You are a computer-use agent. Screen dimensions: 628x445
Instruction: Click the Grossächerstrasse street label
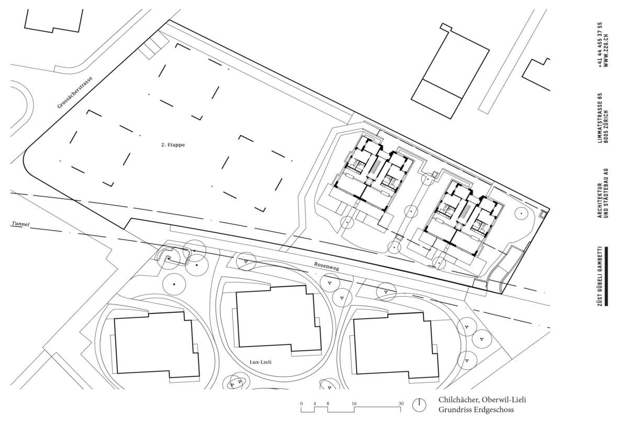tap(75, 92)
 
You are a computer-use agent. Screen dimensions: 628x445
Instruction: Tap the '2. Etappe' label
tap(173, 145)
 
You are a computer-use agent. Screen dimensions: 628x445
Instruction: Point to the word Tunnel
tap(20, 224)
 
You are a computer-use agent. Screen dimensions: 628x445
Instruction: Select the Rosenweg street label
tap(327, 266)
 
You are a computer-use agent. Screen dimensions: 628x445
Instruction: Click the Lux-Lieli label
tap(261, 362)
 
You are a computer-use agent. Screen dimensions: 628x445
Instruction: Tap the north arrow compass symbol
tap(419, 405)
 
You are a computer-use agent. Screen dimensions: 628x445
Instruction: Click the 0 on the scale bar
tap(301, 404)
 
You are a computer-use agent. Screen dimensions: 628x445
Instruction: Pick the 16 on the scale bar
tap(354, 404)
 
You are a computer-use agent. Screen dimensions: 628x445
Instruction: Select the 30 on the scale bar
tap(401, 404)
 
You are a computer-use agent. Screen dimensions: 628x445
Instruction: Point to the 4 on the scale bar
tap(315, 404)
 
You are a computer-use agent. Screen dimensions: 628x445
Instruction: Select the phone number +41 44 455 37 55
tap(600, 45)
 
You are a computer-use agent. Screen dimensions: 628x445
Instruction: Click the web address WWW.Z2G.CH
tap(606, 50)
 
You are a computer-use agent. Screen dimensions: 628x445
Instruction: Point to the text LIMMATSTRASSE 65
tap(600, 118)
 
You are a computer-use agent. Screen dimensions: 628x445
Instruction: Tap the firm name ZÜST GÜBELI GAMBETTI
tap(600, 276)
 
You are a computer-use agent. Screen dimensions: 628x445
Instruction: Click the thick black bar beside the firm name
tap(606, 276)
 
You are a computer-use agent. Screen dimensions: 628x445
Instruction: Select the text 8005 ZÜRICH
tap(606, 126)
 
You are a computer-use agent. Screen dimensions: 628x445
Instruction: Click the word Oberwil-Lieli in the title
tap(507, 400)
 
